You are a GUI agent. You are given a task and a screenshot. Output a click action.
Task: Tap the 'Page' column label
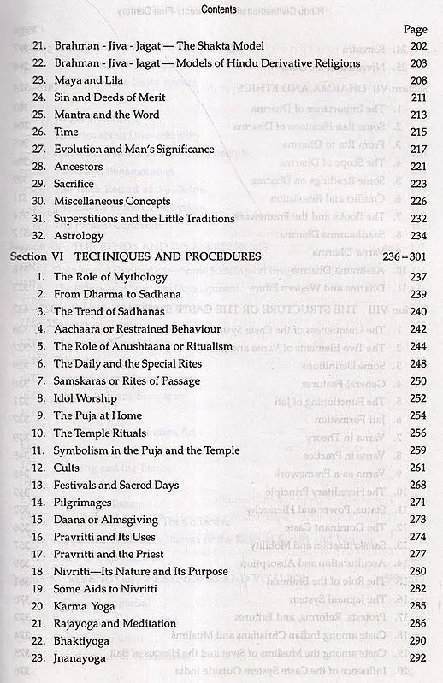pyautogui.click(x=415, y=28)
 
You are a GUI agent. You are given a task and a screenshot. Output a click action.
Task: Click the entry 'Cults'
pyautogui.click(x=67, y=468)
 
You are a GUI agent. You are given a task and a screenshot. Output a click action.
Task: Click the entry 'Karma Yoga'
pyautogui.click(x=84, y=605)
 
